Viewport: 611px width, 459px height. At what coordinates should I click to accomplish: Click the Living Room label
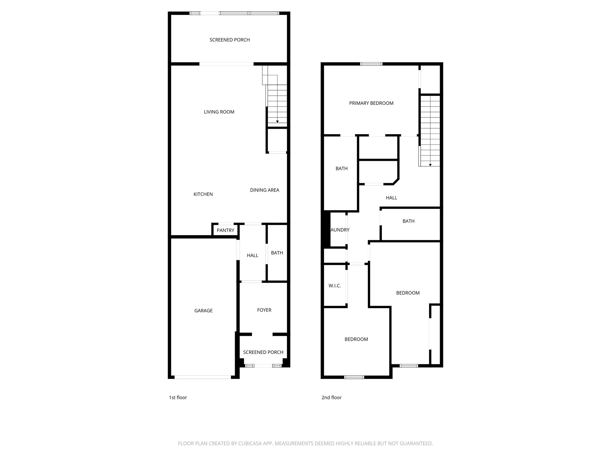(x=219, y=112)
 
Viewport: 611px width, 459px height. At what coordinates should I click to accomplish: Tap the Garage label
(x=203, y=311)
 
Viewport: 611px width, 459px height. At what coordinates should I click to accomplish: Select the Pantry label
(x=225, y=230)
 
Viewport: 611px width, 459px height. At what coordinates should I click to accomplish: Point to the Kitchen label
(x=203, y=194)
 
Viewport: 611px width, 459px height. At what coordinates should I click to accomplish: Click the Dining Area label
(x=265, y=190)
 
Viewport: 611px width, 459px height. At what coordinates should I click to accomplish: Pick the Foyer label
(x=264, y=310)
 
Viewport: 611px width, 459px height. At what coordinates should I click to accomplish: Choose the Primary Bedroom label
(x=371, y=103)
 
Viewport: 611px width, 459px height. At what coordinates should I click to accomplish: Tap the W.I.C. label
(x=335, y=286)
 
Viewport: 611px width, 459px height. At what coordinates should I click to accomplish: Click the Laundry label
(x=340, y=230)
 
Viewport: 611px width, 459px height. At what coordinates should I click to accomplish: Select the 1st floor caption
(x=178, y=397)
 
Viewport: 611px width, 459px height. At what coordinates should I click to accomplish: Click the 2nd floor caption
(x=331, y=397)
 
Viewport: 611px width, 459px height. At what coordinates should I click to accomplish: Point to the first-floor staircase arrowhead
(x=277, y=122)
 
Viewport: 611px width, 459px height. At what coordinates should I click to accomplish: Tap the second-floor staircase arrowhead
(x=430, y=165)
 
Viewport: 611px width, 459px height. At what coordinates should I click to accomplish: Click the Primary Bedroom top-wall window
(x=371, y=64)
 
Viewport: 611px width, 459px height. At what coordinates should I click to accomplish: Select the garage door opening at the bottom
(x=203, y=377)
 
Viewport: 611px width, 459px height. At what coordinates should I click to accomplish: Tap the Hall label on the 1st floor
(x=252, y=255)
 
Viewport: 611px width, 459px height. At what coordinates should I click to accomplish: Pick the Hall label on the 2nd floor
(x=391, y=198)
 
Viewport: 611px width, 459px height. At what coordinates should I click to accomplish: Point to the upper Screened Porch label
(x=229, y=40)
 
